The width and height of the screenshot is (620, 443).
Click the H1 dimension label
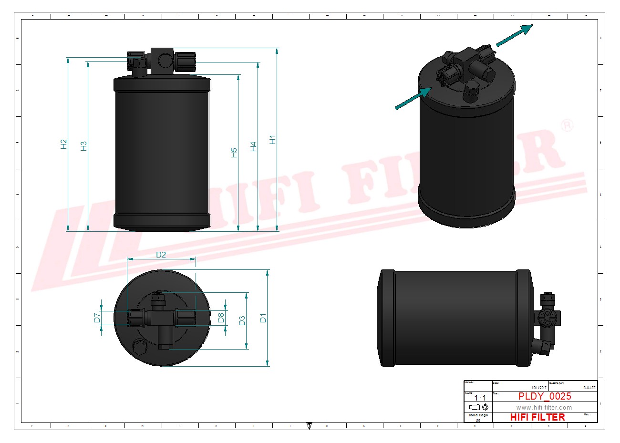(x=272, y=140)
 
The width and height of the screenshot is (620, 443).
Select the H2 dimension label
(x=64, y=144)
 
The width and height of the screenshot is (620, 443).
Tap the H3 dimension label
(x=84, y=146)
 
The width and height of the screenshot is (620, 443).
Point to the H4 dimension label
(x=253, y=146)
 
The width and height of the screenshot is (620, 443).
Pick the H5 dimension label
(x=234, y=153)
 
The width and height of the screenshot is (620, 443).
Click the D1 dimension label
(x=263, y=318)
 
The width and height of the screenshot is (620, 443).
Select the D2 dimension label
(x=161, y=255)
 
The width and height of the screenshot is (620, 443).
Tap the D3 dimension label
(x=242, y=320)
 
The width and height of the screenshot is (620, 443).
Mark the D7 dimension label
(x=97, y=318)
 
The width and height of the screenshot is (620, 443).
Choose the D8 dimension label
(x=221, y=317)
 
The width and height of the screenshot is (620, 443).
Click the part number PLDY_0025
(x=544, y=396)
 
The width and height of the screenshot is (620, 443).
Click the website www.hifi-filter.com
(x=544, y=407)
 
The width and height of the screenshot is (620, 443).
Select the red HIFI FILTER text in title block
(x=537, y=417)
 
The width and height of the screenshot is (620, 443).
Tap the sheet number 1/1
(x=480, y=398)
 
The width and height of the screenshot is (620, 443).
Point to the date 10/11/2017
(x=539, y=387)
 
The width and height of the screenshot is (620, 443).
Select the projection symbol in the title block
(x=478, y=407)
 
